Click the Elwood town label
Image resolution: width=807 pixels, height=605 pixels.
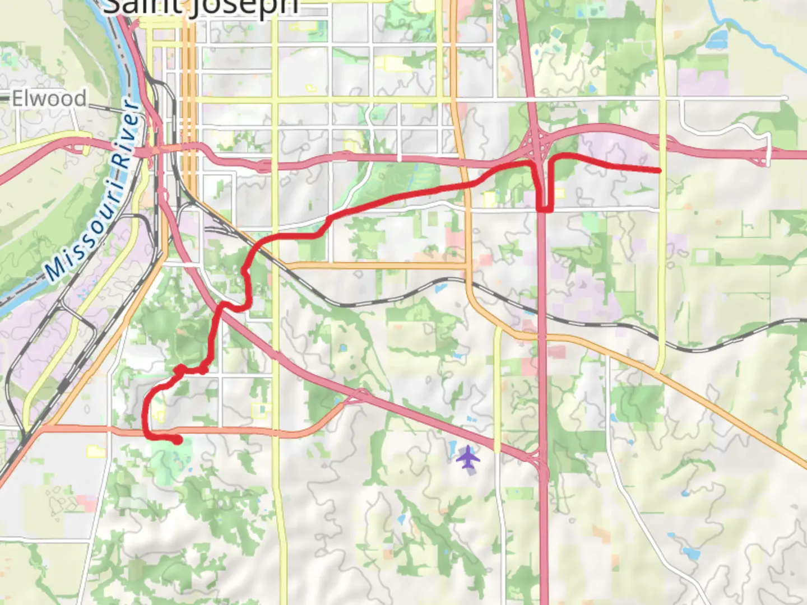coord(49,99)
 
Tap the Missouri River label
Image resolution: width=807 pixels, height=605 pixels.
coord(92,190)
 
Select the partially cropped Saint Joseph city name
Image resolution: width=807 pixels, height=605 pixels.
coord(201,8)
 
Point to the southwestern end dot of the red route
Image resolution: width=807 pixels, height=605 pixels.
coord(177,440)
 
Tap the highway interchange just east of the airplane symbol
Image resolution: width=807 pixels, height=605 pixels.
coord(539,460)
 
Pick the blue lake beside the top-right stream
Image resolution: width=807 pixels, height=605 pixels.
coord(717,40)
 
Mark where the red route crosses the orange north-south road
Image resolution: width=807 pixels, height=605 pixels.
coord(467,185)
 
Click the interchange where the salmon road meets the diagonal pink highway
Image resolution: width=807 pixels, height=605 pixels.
coord(359,397)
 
